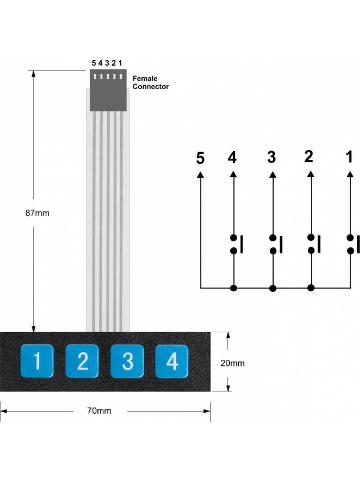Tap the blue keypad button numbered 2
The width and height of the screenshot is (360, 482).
coord(82,361)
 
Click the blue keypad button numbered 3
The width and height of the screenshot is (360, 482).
coord(127,361)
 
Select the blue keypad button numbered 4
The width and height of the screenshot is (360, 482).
coord(172,361)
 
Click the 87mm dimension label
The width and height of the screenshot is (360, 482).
coord(37,213)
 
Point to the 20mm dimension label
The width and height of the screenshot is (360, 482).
coord(232,363)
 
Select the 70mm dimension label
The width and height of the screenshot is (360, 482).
coord(99,411)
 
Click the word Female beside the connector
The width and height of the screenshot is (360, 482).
coord(145,78)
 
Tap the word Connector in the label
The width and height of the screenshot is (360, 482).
coord(150,87)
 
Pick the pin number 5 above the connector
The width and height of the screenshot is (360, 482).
coord(94,63)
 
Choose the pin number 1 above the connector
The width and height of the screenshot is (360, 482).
coord(120,63)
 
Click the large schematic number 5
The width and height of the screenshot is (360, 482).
coord(200,158)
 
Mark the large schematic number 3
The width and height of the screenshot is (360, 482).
coord(271,157)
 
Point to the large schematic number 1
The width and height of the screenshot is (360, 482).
coord(349,157)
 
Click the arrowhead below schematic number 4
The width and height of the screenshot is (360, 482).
coord(233,174)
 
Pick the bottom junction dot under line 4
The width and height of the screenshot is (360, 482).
coord(234,288)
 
